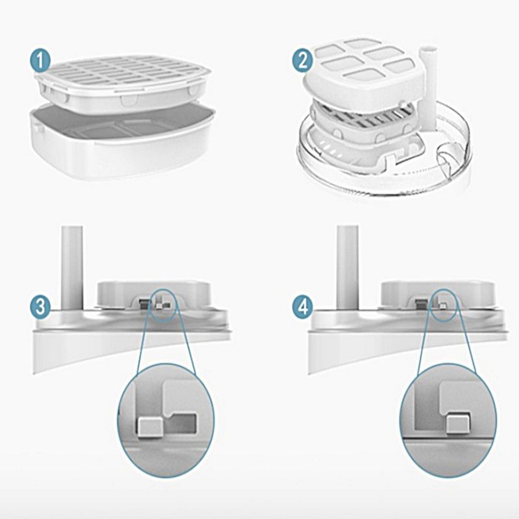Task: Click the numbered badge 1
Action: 40,62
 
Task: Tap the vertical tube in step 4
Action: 347,266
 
